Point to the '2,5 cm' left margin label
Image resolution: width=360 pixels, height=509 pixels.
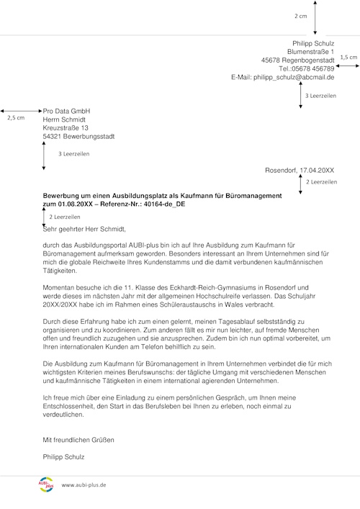[x=14, y=117]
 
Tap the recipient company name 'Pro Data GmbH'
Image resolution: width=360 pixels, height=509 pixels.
[x=67, y=111]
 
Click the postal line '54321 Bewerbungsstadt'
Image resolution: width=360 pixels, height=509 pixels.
[x=78, y=137]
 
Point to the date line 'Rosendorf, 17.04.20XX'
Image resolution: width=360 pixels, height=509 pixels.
[x=300, y=171]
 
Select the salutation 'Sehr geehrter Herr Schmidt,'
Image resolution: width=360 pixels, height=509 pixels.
[x=84, y=230]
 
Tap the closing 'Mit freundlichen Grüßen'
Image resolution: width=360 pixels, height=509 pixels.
[x=78, y=439]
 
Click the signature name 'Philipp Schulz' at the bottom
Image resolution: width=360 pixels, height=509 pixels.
[x=64, y=456]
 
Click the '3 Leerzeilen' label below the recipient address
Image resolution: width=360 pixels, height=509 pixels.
[x=75, y=154]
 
